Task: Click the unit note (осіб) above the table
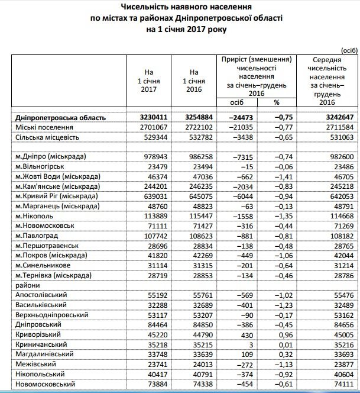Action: (x=349, y=51)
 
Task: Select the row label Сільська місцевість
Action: (x=45, y=137)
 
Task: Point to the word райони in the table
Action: (x=27, y=284)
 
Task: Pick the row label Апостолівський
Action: (x=40, y=294)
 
